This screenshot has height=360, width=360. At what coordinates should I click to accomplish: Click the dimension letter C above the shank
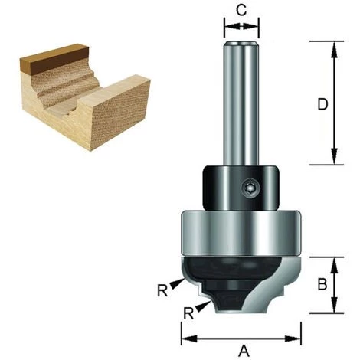[x=241, y=10]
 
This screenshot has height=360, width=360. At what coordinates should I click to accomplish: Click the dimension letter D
[x=322, y=104]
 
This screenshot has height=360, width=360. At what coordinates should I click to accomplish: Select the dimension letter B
[x=322, y=284]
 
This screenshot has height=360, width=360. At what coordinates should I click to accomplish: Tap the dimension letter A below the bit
[x=244, y=351]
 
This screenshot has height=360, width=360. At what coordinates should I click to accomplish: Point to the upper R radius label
[x=162, y=290]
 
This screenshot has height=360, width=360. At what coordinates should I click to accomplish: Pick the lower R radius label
[x=189, y=314]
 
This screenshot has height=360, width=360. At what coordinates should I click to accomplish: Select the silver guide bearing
[x=241, y=233]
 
